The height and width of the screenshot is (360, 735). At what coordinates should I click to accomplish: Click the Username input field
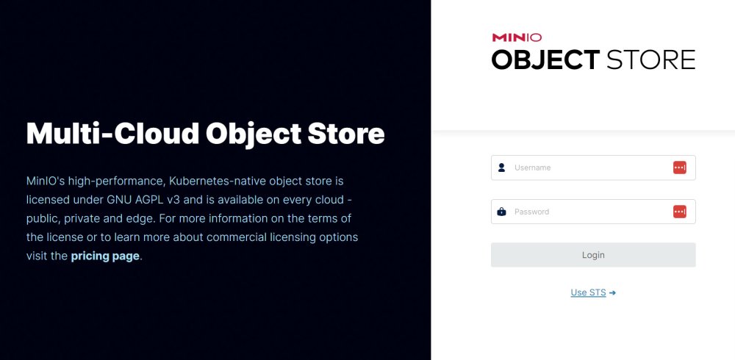point(593,168)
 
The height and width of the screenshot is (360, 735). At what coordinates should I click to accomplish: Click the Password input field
point(593,212)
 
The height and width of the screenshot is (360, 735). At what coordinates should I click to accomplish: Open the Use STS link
point(588,292)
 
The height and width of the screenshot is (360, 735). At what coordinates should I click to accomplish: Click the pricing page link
point(105,256)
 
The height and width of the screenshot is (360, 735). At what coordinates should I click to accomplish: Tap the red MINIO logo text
point(517,37)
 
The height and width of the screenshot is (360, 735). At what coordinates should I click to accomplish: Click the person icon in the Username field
point(501,168)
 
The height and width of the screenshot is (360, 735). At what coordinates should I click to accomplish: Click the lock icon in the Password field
point(501,212)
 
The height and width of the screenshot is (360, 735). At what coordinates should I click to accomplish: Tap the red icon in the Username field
point(680,168)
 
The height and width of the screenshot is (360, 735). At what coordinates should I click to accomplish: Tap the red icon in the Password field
point(680,212)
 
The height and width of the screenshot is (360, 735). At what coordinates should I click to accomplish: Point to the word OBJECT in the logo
point(545,60)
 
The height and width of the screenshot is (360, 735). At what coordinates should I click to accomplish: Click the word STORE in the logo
point(651,60)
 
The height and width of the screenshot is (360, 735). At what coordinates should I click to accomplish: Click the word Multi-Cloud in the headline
point(113,134)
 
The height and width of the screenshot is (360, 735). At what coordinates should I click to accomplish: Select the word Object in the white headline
point(254,134)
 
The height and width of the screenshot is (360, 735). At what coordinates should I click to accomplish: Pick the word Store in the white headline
point(346,134)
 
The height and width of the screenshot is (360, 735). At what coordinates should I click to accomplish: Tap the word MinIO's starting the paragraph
point(46,181)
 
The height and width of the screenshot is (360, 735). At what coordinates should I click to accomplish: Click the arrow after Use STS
point(612,293)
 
